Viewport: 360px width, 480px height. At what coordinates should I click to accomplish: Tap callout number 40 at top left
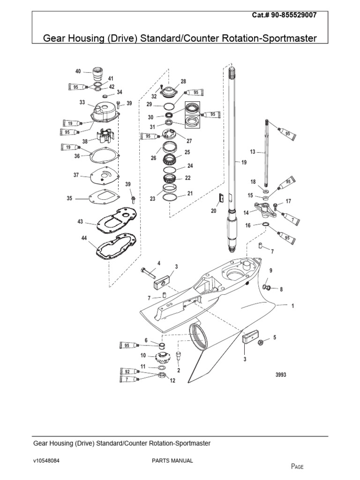coord(78,71)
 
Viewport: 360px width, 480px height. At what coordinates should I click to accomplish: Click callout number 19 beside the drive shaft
coord(243,162)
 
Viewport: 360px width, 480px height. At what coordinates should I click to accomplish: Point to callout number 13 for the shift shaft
coord(253,152)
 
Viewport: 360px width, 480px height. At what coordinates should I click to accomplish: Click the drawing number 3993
coord(280,375)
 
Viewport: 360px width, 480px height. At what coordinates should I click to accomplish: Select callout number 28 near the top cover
coord(183,82)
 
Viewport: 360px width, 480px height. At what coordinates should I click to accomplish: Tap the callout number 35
coord(69,198)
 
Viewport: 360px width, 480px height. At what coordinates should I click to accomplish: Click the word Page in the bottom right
coord(298,466)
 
